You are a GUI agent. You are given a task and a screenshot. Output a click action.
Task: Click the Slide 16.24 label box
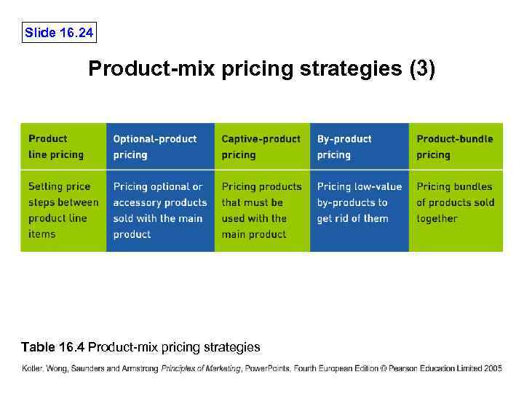[x=59, y=32]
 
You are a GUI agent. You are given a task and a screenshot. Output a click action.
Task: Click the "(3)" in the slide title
[x=422, y=69]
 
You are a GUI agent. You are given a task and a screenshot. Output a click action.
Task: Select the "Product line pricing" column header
[x=63, y=146]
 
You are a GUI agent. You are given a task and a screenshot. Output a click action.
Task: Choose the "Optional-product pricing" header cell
[x=159, y=146]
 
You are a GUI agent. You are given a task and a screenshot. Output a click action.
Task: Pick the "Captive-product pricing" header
[x=261, y=146]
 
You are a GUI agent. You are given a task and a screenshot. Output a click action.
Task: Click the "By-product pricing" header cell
[x=358, y=146]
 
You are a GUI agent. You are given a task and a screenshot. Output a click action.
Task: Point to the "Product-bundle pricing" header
[x=455, y=146]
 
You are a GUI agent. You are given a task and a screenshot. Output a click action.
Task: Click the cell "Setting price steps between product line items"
[x=63, y=210]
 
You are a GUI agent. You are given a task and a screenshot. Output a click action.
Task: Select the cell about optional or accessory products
[x=159, y=210]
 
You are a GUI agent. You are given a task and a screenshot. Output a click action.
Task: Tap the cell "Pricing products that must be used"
[x=261, y=210]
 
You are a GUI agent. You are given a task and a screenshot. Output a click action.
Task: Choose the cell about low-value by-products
[x=358, y=202]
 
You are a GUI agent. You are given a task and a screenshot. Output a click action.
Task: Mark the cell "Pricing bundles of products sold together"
[x=455, y=202]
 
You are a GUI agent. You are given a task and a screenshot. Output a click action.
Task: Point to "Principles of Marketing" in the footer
[x=201, y=369]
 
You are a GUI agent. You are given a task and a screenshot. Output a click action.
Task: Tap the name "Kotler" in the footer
[x=33, y=369]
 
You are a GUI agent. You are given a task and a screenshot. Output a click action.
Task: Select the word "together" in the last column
[x=437, y=218]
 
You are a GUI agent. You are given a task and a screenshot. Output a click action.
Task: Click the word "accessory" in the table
[x=136, y=202]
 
